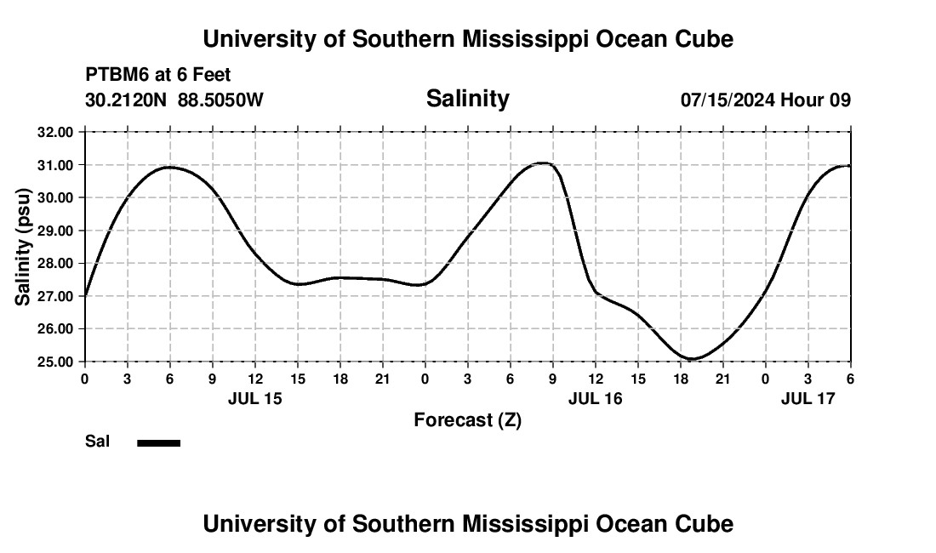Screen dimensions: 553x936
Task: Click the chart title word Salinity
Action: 467,99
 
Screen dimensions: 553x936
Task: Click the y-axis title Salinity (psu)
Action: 24,247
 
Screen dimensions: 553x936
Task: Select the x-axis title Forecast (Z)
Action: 467,419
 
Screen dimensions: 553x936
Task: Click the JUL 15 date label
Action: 254,398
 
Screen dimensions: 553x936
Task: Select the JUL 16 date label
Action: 595,398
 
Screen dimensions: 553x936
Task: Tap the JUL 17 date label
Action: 808,398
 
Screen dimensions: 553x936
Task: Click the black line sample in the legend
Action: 158,442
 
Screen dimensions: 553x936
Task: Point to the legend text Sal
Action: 97,442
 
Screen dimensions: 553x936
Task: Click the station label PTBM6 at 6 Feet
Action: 158,76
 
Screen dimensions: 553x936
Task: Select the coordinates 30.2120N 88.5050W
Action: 174,100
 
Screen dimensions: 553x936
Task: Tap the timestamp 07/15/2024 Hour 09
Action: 765,100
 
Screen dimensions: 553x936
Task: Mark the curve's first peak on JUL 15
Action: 170,167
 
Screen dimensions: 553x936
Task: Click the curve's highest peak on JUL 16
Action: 543,162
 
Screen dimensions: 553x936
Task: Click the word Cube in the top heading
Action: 704,39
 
